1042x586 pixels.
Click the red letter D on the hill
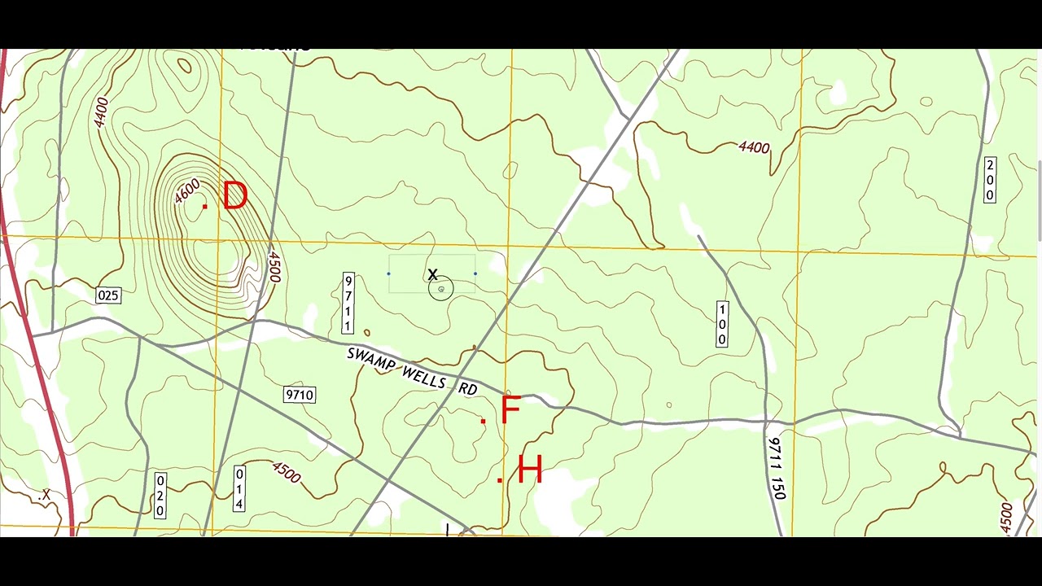coord(234,197)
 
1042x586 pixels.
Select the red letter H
coord(529,471)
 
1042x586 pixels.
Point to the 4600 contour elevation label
coord(187,192)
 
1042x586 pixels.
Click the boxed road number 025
coord(108,295)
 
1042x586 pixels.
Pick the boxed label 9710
coord(299,395)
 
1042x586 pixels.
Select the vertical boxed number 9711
coord(348,304)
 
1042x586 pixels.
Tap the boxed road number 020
coord(160,495)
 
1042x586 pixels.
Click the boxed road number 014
coord(239,488)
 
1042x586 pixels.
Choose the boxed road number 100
coord(721,324)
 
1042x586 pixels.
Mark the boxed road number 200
coord(990,180)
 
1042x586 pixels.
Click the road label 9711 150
coord(777,468)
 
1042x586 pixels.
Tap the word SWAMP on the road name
coord(371,361)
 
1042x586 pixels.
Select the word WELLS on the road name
coord(423,376)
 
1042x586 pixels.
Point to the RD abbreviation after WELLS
coord(467,389)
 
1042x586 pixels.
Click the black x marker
coord(432,275)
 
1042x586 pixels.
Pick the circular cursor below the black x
coord(440,289)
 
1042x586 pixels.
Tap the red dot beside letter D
coord(204,207)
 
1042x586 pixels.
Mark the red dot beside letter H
coord(499,479)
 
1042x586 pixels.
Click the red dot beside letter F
coord(483,421)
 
